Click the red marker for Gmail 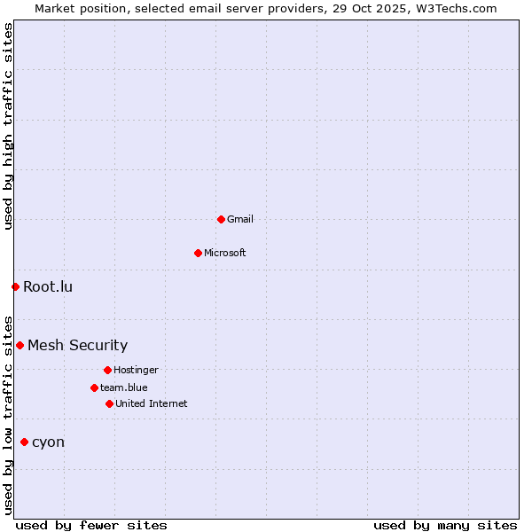click(x=221, y=219)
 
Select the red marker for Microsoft click(x=198, y=253)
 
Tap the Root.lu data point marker click(x=15, y=286)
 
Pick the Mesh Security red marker click(x=20, y=345)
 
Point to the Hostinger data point click(x=107, y=370)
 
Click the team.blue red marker click(x=94, y=387)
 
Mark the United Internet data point click(x=109, y=403)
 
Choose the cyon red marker click(x=24, y=442)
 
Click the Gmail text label click(x=240, y=219)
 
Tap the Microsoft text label click(x=225, y=253)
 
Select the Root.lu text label click(x=48, y=286)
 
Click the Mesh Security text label click(x=77, y=345)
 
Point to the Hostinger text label click(x=136, y=370)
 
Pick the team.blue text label click(x=124, y=387)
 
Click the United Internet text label click(x=151, y=403)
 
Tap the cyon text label click(x=48, y=442)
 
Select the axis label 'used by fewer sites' click(x=91, y=525)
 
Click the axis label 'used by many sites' click(x=445, y=525)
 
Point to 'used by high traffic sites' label click(x=8, y=126)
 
